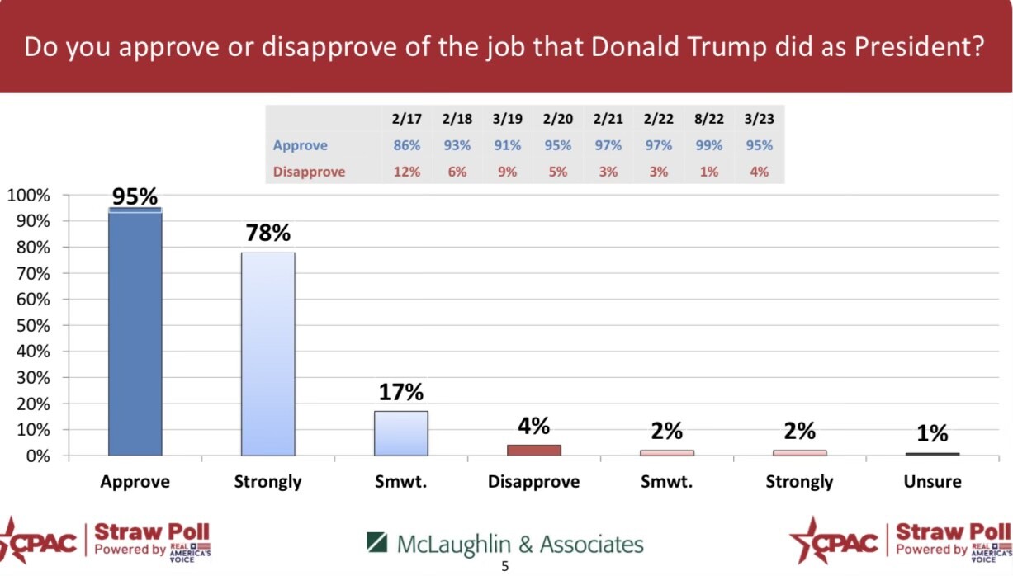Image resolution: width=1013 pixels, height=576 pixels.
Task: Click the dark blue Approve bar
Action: [x=135, y=332]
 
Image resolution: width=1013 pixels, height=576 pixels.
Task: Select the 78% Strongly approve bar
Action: [x=268, y=354]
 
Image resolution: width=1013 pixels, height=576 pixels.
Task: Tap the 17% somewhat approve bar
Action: [x=401, y=433]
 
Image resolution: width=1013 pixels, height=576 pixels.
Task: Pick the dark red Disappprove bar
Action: [x=534, y=451]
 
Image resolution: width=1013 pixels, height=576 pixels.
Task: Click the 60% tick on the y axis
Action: [x=33, y=300]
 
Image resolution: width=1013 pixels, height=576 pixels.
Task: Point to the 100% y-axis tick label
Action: [x=29, y=196]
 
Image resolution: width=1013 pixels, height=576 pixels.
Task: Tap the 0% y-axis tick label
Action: [x=38, y=456]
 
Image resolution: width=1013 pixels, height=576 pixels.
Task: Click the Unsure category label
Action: [x=932, y=481]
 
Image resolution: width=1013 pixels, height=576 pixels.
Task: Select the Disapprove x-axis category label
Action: [x=533, y=482]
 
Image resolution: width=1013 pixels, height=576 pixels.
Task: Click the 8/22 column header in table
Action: [x=709, y=119]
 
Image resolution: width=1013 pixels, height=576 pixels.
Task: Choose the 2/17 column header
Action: [x=406, y=119]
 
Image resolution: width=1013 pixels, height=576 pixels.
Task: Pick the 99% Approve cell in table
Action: [x=708, y=145]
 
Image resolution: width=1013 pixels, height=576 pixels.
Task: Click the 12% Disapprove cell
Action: [x=406, y=172]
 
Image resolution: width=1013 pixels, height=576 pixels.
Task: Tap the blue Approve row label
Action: [x=301, y=145]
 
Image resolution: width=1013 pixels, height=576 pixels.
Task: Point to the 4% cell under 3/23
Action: [x=760, y=172]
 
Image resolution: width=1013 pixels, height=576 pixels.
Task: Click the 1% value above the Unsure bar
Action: [x=932, y=433]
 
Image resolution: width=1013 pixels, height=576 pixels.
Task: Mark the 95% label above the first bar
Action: [x=135, y=196]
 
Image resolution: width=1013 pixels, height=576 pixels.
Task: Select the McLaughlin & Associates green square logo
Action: [x=376, y=542]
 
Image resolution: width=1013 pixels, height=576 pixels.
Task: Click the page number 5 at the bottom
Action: [x=505, y=566]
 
